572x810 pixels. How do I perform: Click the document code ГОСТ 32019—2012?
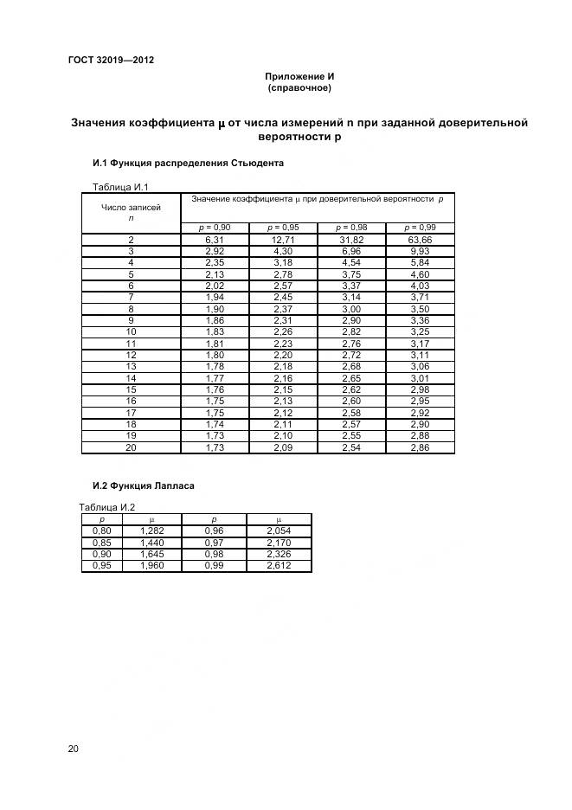tap(111, 60)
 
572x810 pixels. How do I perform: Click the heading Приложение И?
tap(299, 76)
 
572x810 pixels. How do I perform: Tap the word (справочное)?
tap(299, 87)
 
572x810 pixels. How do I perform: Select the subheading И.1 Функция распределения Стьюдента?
tap(188, 163)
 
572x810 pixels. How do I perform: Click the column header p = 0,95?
tap(283, 227)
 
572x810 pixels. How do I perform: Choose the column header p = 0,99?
tap(420, 227)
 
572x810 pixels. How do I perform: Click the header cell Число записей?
tap(131, 208)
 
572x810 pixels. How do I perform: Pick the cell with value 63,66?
tap(420, 240)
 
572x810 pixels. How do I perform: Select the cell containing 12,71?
tap(283, 240)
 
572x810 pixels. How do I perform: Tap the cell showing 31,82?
tap(351, 240)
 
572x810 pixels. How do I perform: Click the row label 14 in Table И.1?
tap(131, 378)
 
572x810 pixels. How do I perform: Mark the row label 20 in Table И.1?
tap(131, 447)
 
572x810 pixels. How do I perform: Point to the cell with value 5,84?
tap(420, 262)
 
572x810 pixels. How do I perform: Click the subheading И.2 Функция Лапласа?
tap(143, 485)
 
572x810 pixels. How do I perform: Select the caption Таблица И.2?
tap(106, 507)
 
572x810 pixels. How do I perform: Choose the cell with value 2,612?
tap(278, 566)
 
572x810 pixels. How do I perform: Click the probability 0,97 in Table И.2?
tap(214, 542)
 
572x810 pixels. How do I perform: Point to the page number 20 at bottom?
tap(74, 749)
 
